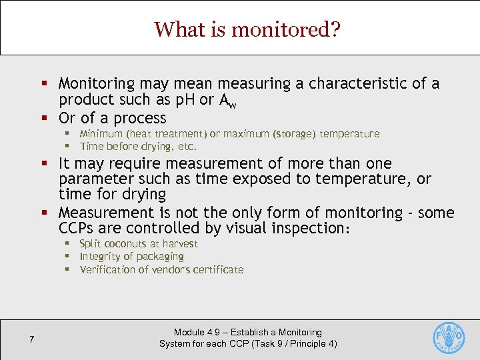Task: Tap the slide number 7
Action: [31, 340]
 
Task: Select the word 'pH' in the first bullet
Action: [183, 100]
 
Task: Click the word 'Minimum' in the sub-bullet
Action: [103, 134]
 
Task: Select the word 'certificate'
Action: [216, 270]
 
